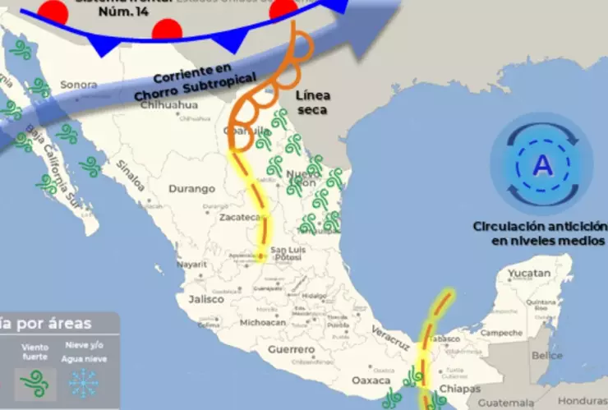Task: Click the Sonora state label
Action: pyautogui.click(x=79, y=85)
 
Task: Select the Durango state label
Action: pyautogui.click(x=191, y=189)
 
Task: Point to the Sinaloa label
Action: pyautogui.click(x=129, y=175)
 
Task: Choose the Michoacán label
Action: pyautogui.click(x=263, y=323)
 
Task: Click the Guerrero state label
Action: pyautogui.click(x=292, y=350)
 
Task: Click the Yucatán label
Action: pyautogui.click(x=528, y=273)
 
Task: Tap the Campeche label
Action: pyautogui.click(x=501, y=333)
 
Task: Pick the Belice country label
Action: pyautogui.click(x=547, y=356)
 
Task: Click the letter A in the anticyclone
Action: pyautogui.click(x=542, y=166)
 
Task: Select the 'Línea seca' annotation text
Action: pyautogui.click(x=311, y=103)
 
